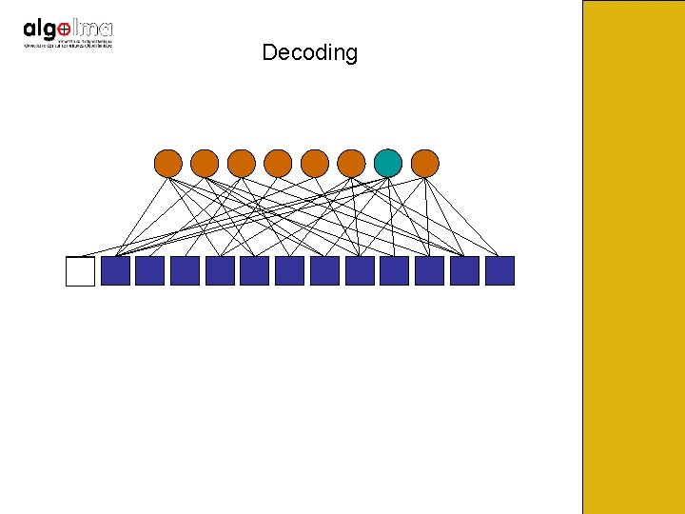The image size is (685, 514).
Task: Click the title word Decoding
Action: [309, 52]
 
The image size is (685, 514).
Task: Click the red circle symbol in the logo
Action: [63, 30]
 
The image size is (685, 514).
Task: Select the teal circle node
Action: [388, 163]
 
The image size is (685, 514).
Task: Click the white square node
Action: [81, 271]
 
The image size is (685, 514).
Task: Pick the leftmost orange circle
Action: [168, 163]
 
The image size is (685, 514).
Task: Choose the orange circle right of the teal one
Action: [425, 163]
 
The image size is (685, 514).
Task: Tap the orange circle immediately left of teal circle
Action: [351, 163]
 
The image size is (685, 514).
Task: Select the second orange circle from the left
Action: [205, 163]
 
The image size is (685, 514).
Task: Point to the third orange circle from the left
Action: [242, 163]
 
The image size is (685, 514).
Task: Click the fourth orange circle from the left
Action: [278, 163]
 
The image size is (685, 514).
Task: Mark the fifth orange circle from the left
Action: [315, 163]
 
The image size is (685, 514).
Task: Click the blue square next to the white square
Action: [115, 271]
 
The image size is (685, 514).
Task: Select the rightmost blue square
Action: [499, 271]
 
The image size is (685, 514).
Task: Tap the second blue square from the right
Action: [464, 271]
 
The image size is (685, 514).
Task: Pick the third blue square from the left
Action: [185, 271]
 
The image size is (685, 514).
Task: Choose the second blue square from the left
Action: [149, 271]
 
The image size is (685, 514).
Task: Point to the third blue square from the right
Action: [429, 271]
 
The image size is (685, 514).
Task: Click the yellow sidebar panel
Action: [633, 257]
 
